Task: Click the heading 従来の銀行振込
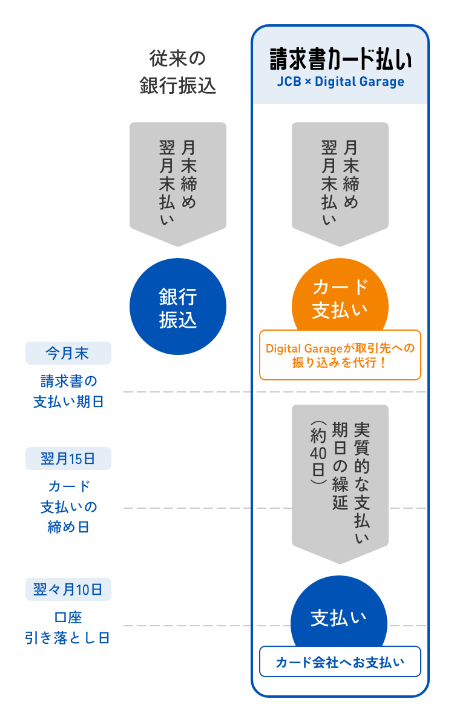[177, 72]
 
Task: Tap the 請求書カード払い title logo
[340, 61]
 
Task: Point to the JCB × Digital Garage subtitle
[340, 82]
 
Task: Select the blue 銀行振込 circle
[178, 307]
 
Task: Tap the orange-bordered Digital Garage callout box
[340, 355]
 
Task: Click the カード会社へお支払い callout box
[340, 661]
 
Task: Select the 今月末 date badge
[68, 353]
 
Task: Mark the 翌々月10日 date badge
[68, 589]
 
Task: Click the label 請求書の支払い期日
[68, 391]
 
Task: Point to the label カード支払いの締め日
[68, 506]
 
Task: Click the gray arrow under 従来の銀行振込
[177, 182]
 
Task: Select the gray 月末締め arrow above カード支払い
[340, 182]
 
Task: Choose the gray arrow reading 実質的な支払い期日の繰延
[340, 479]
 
